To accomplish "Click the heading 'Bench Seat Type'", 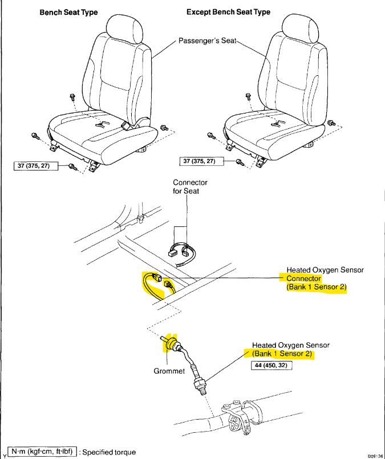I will (x=68, y=13).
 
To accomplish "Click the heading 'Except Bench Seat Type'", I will (x=228, y=13).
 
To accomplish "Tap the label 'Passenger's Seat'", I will (x=207, y=42).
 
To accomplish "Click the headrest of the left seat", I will (x=124, y=30).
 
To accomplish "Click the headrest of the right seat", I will (x=299, y=30).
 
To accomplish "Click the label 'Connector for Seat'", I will (x=190, y=186).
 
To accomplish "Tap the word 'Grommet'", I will (x=170, y=371).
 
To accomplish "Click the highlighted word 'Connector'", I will (x=303, y=279).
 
